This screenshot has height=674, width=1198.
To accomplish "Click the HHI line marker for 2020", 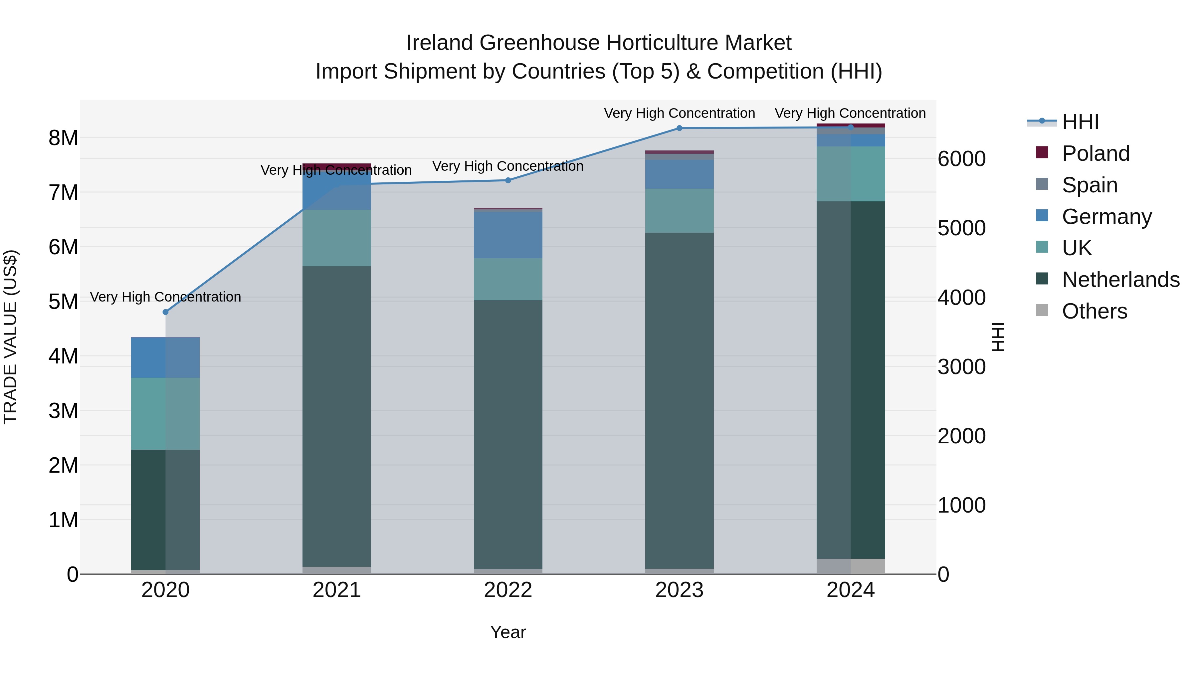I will (x=166, y=312).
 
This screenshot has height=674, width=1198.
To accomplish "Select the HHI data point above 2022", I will (x=508, y=180).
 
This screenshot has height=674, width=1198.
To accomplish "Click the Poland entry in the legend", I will (x=1095, y=153).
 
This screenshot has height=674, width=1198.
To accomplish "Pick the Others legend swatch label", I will (x=1094, y=311).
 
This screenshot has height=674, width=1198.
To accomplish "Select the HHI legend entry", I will (x=1080, y=122).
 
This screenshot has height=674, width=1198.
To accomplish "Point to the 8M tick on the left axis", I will (x=63, y=138).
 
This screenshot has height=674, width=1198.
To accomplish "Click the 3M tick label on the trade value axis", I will (x=63, y=411).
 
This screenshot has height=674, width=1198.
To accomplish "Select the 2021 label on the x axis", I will (x=337, y=590).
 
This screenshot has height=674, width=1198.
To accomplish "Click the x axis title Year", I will (x=508, y=632).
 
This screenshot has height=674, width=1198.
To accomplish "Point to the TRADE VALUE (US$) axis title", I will (x=10, y=337).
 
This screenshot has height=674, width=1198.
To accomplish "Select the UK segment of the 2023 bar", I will (x=679, y=210).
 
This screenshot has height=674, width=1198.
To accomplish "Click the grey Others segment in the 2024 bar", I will (x=851, y=566).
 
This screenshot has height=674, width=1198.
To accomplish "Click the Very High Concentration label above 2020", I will (x=166, y=297).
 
